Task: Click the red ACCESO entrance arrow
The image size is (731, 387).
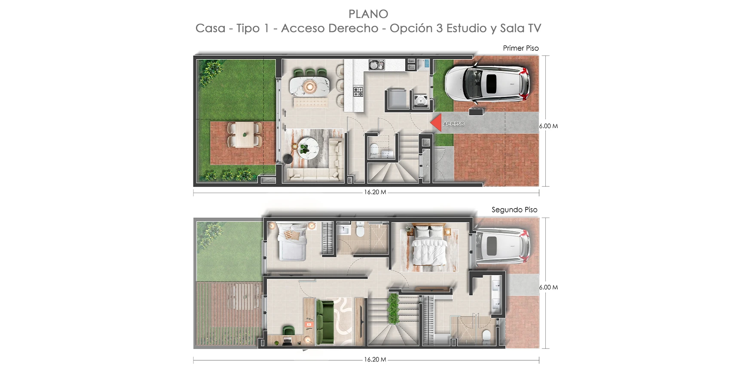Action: click(436, 123)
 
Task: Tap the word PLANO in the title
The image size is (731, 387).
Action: click(368, 14)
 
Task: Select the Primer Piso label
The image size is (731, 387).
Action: click(520, 48)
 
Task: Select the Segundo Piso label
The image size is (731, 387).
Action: click(514, 210)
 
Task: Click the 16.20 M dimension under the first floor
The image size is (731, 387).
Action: click(375, 192)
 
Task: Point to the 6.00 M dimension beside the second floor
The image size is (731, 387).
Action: click(548, 287)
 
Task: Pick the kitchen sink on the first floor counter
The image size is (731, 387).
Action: click(376, 64)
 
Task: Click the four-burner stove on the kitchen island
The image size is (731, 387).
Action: click(358, 92)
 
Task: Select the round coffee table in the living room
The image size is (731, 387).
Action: click(309, 148)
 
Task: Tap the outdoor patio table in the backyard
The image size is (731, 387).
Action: click(245, 135)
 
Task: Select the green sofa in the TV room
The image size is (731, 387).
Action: click(325, 322)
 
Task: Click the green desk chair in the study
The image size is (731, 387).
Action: click(288, 330)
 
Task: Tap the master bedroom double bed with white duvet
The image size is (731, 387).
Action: click(429, 246)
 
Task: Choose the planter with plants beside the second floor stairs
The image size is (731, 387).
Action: click(394, 308)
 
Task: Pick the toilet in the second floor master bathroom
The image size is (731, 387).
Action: click(486, 336)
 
